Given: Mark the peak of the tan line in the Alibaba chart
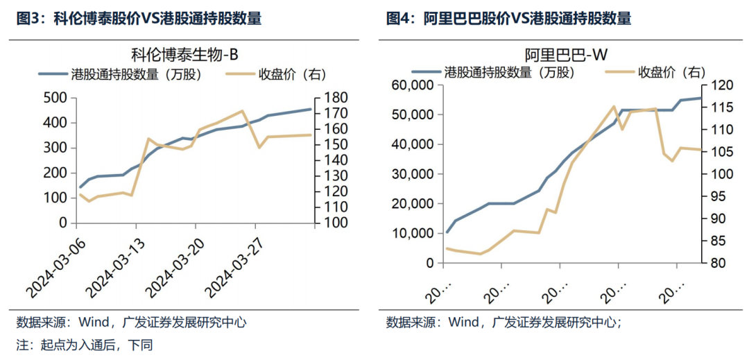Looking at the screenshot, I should click(x=614, y=106).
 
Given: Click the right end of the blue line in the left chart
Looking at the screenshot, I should click(x=310, y=109).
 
